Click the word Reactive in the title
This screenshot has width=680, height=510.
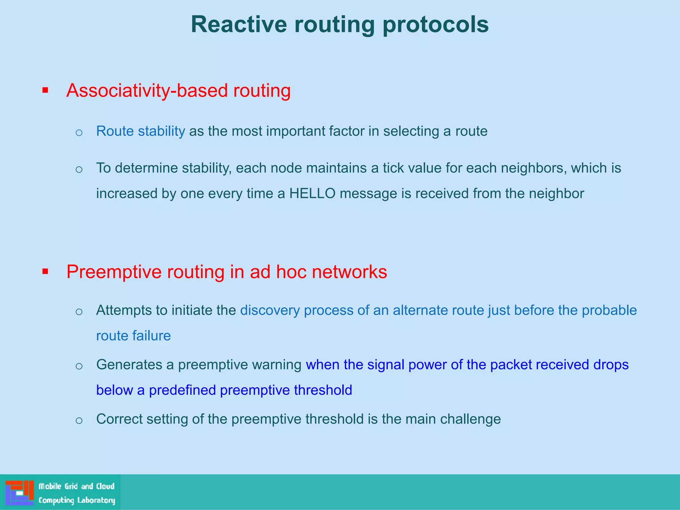[239, 24]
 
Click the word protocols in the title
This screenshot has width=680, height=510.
[435, 24]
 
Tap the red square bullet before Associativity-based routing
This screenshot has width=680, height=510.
[45, 90]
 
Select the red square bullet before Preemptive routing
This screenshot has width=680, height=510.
[45, 272]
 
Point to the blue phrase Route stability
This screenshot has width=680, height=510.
[140, 131]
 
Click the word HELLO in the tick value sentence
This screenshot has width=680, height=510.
[312, 193]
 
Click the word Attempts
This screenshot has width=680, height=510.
[124, 310]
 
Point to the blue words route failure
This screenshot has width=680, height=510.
[133, 336]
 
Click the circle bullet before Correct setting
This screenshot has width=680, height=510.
[79, 420]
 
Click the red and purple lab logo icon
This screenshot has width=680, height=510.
[19, 492]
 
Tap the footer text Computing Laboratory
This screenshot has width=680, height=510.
[77, 500]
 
